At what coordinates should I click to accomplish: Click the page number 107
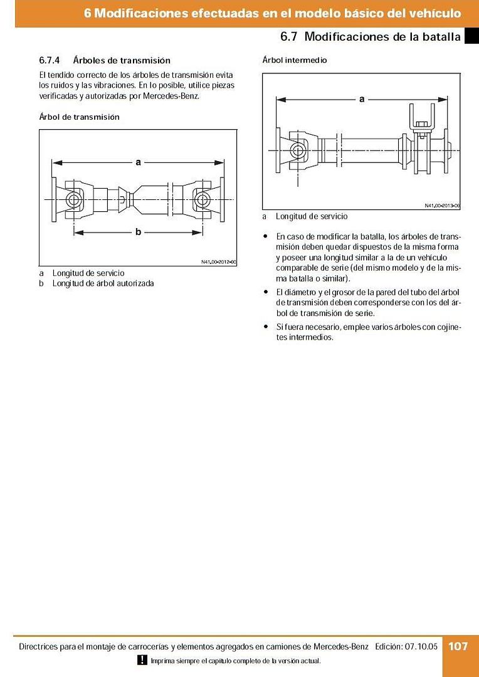(458, 646)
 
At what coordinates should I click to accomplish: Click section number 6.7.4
(49, 61)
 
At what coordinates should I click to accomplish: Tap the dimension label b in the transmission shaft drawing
(139, 232)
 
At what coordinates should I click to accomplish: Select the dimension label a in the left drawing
(139, 162)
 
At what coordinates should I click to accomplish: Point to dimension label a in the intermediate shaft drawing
(362, 98)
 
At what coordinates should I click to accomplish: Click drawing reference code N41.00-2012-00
(218, 262)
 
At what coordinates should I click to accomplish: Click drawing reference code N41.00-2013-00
(442, 205)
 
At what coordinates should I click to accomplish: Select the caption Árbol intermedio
(294, 60)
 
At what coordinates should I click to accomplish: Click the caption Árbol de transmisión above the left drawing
(79, 117)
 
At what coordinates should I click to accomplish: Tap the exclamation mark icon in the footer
(142, 660)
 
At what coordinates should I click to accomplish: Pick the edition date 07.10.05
(422, 646)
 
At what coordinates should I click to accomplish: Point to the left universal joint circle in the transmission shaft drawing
(75, 200)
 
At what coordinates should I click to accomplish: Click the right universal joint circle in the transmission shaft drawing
(202, 200)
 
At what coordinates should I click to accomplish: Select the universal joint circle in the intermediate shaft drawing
(297, 149)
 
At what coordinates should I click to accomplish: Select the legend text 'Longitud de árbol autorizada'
(103, 283)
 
